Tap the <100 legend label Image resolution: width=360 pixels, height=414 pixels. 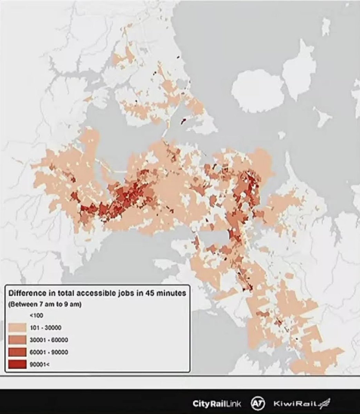click(x=39, y=316)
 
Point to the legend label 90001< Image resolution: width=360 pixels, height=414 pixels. click(x=41, y=364)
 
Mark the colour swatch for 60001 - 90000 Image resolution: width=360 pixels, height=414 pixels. click(x=17, y=352)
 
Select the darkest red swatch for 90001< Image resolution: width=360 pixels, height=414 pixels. click(x=17, y=364)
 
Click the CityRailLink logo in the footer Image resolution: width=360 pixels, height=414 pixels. click(x=217, y=403)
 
